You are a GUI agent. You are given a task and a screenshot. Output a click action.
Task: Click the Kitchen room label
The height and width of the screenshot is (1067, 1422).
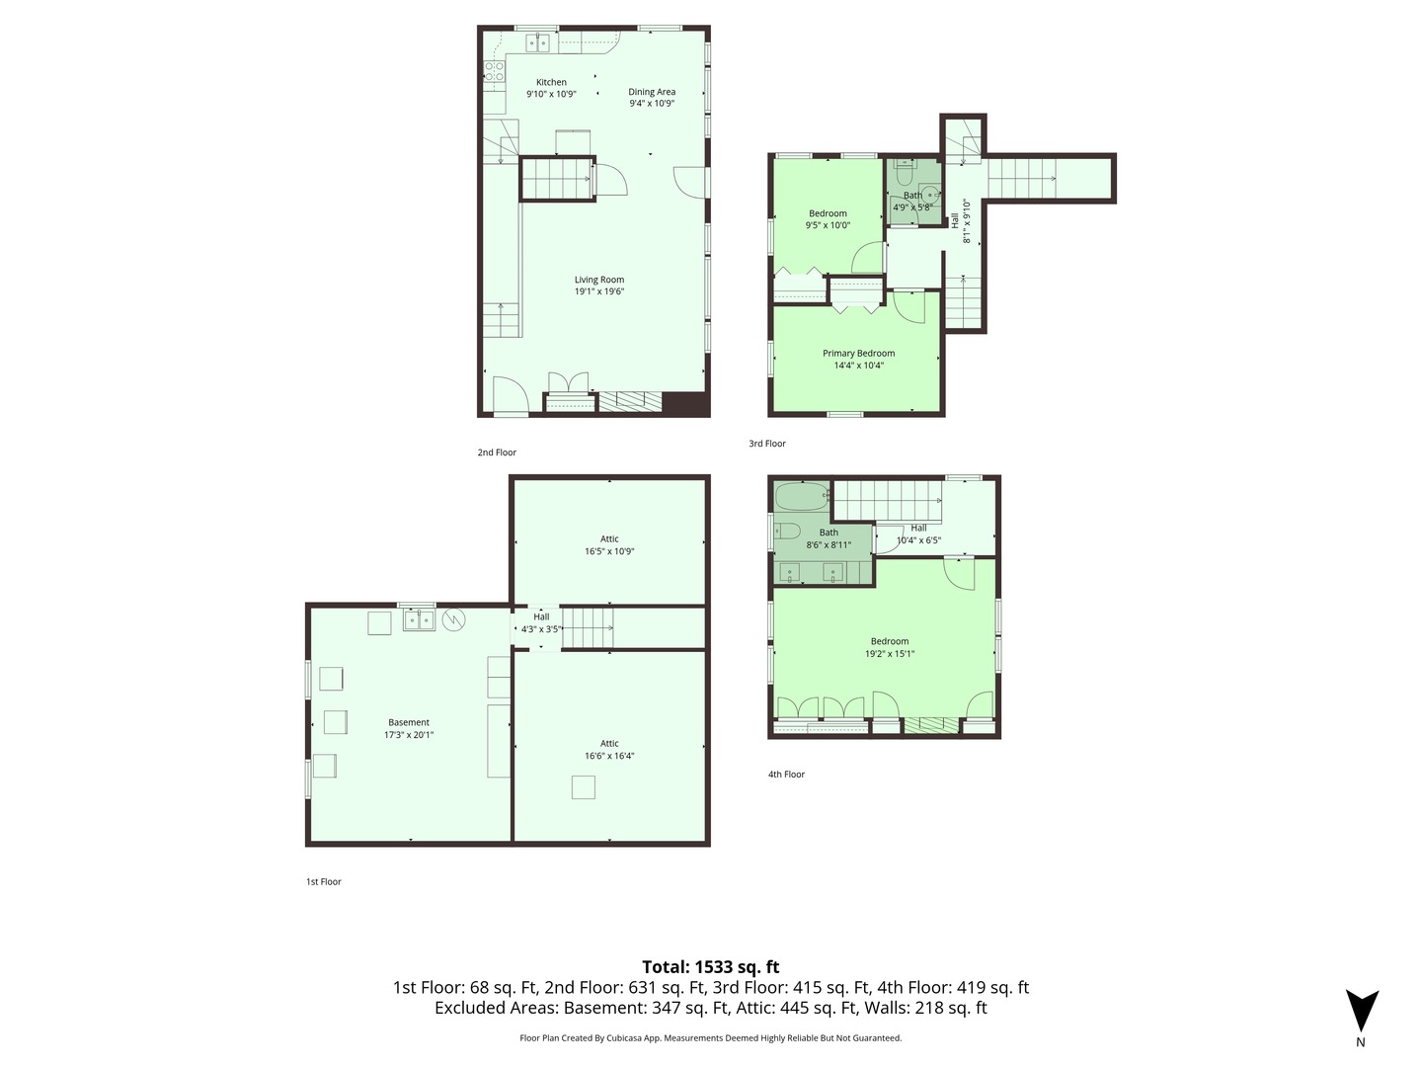[x=551, y=82]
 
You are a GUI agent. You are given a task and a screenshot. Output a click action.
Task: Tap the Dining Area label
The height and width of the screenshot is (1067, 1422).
[x=651, y=92]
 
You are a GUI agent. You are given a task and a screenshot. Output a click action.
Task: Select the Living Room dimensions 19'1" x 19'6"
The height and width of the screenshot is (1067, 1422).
[x=599, y=291]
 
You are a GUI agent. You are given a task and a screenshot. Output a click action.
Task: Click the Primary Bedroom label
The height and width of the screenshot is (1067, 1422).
[x=858, y=353]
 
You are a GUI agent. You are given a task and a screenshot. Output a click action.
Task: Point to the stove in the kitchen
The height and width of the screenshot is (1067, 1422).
[x=495, y=71]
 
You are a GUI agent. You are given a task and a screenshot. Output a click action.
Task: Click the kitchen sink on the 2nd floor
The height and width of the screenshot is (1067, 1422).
[x=538, y=42]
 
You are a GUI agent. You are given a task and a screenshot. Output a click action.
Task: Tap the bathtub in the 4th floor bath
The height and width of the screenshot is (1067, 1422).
[x=802, y=497]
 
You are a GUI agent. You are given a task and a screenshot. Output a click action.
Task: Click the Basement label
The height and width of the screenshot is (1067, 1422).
[x=408, y=722]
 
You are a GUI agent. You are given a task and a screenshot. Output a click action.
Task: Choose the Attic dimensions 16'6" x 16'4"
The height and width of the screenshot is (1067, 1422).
[x=609, y=756]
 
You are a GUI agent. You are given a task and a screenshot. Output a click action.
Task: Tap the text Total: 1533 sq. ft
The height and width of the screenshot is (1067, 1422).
[x=711, y=967]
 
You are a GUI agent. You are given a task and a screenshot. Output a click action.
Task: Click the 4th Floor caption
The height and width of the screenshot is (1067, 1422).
[x=786, y=775]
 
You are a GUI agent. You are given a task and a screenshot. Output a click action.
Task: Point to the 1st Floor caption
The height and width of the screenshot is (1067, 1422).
[x=323, y=881]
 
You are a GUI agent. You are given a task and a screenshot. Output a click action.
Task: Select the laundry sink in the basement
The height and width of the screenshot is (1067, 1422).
[x=419, y=620]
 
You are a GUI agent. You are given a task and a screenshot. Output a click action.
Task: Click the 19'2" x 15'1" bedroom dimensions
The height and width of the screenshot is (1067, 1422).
[x=890, y=654]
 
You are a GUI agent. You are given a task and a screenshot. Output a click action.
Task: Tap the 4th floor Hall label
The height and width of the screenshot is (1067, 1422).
[x=918, y=528]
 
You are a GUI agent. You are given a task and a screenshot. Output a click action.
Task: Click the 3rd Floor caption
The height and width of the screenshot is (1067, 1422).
[x=767, y=444]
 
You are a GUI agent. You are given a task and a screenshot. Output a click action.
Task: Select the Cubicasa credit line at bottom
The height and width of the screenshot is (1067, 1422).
[x=711, y=1037]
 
